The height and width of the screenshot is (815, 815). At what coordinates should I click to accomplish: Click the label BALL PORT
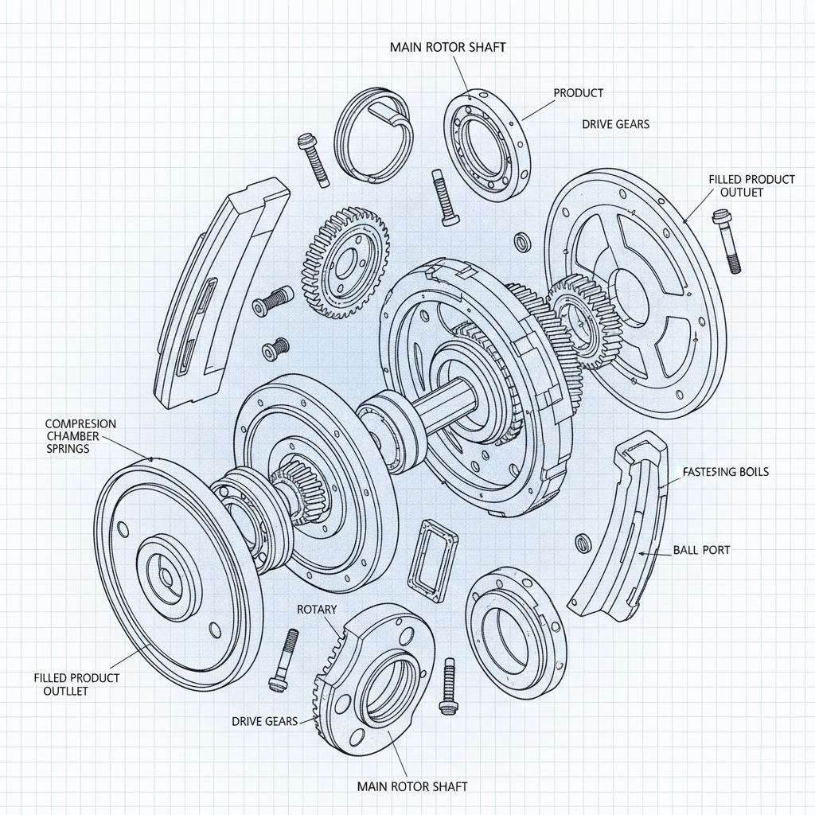(701, 550)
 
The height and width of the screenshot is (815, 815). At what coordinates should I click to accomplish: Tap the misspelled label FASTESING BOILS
(726, 472)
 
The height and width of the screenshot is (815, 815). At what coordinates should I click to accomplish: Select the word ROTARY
(317, 609)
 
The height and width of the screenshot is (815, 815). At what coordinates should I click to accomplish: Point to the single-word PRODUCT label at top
(578, 93)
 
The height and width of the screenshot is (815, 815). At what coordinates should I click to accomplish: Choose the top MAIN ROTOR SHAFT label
(447, 47)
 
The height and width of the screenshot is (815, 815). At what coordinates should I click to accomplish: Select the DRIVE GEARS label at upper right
(615, 124)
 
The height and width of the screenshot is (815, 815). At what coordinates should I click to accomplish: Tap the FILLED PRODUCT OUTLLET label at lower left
(76, 684)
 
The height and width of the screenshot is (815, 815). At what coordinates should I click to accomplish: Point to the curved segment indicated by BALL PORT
(621, 525)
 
